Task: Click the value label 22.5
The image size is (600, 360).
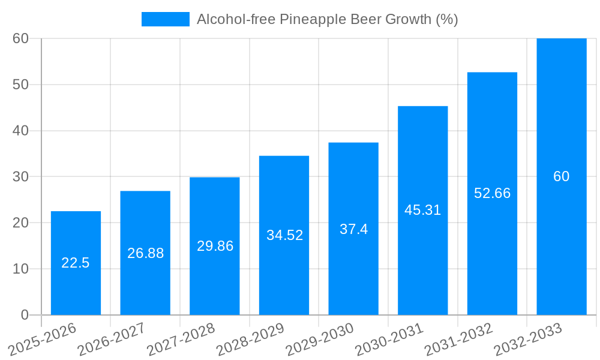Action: point(76,263)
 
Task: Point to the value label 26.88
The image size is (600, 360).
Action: point(145,253)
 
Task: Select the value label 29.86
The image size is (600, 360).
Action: point(215,246)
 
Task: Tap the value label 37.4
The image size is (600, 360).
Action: point(353,229)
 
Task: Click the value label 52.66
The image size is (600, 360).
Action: point(492,193)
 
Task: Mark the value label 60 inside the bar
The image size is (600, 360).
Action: point(562,176)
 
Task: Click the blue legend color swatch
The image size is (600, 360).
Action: point(165,19)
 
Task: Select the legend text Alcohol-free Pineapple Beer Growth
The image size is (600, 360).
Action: point(327,19)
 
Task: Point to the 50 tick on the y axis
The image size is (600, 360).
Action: point(20,85)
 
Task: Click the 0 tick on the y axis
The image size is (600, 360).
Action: point(25,315)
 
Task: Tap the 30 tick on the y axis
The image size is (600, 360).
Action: point(20,176)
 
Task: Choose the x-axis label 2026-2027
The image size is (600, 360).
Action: point(112,340)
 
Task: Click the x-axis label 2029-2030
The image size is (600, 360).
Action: point(320,340)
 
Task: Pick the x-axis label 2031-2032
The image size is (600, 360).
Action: point(459,340)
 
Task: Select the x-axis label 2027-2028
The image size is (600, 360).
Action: point(181,340)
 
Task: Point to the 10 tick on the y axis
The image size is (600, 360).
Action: point(20,269)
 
